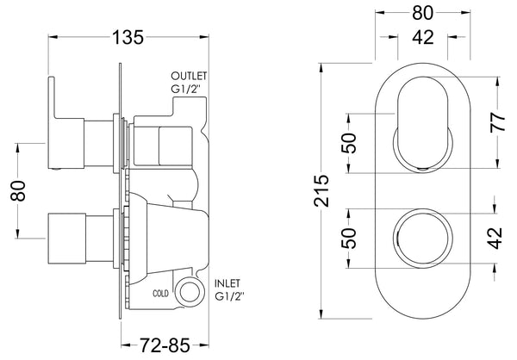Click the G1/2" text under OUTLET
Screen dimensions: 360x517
coord(189,89)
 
